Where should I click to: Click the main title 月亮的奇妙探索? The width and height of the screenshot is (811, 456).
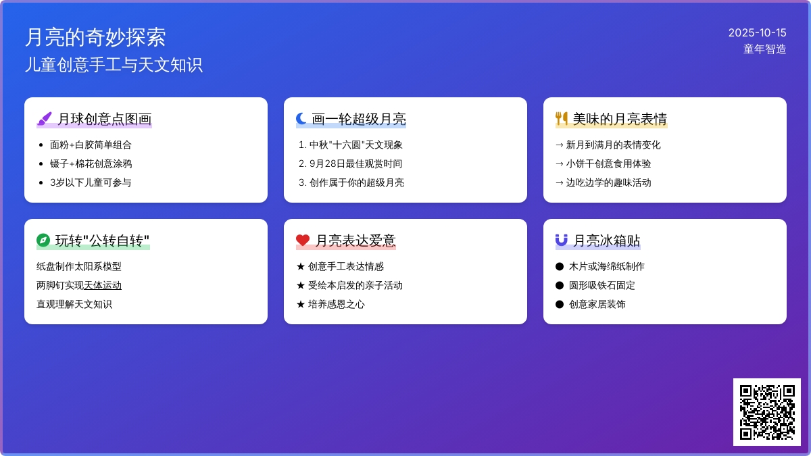pos(95,37)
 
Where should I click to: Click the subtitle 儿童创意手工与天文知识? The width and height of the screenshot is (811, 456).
pos(114,65)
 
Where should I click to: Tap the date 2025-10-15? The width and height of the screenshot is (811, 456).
pos(757,32)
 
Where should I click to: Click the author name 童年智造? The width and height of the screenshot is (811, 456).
pos(764,49)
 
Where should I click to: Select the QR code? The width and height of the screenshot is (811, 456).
pos(766,412)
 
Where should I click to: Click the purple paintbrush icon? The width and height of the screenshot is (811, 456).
pos(44,119)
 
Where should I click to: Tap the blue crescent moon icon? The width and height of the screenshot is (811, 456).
pos(301,119)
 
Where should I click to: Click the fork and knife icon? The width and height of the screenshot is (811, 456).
pos(562,119)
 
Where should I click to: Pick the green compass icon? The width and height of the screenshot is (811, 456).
pos(43,240)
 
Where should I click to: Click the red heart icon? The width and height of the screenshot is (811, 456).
pos(303,240)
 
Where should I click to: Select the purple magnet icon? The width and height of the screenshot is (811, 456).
pos(562,240)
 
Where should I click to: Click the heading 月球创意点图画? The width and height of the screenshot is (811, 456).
pos(104,120)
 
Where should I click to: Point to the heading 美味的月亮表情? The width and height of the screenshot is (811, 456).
pos(620,120)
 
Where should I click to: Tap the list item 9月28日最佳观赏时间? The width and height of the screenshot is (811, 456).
pos(355,163)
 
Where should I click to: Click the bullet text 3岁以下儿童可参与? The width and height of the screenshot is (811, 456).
pos(91,182)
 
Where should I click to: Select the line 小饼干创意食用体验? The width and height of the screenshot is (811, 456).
pos(608,163)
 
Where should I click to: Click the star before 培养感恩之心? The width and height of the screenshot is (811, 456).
pos(301,304)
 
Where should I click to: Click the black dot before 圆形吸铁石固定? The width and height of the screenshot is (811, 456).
pos(560,285)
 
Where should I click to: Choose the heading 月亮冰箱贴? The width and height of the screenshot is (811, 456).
pos(606,241)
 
